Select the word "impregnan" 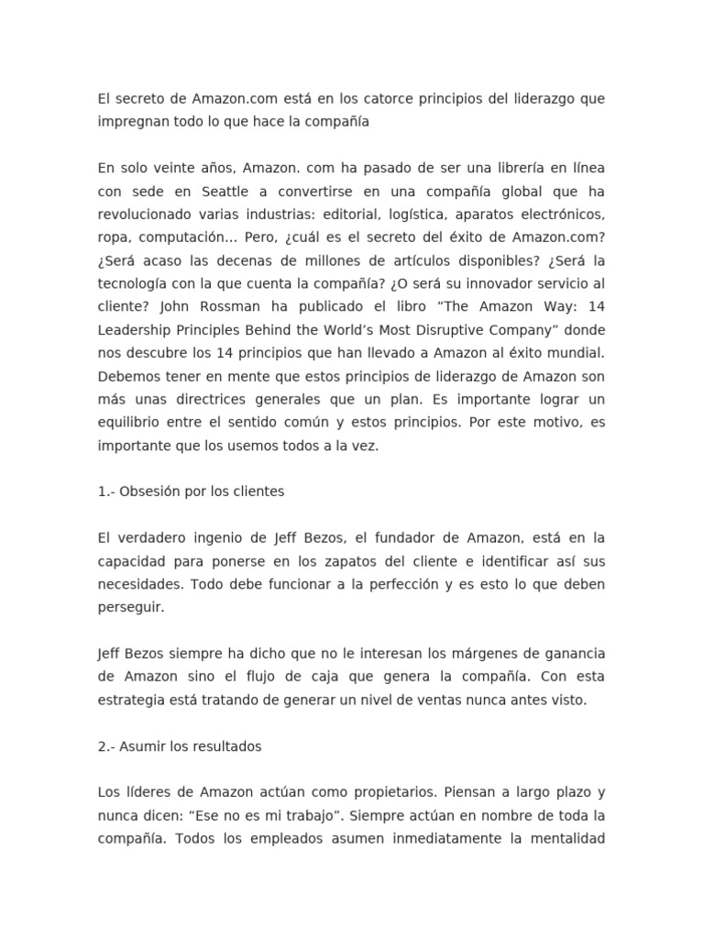coord(129,121)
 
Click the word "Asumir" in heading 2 coord(143,746)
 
